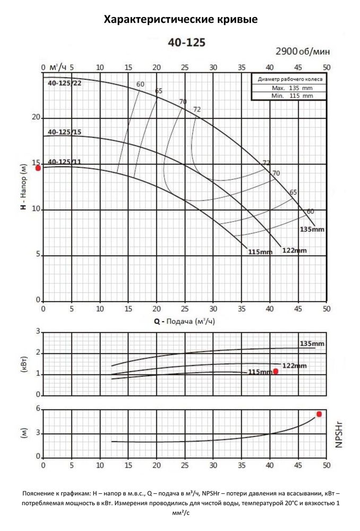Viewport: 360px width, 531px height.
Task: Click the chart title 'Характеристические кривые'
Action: [x=181, y=20]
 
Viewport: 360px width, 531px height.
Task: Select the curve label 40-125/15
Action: [x=65, y=132]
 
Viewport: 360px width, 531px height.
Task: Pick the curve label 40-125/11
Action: [x=65, y=161]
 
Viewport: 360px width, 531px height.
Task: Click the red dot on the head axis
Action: [x=38, y=168]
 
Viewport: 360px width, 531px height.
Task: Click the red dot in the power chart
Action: [x=276, y=371]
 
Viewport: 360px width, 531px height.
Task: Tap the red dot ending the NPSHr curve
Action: [x=319, y=414]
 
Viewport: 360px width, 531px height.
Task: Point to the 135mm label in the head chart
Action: [x=312, y=229]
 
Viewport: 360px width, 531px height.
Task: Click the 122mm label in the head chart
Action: [x=294, y=250]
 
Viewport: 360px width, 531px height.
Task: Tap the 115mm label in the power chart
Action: [x=260, y=372]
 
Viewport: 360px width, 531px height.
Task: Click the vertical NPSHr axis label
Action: [x=339, y=433]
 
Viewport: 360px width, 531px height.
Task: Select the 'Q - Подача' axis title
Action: [x=181, y=322]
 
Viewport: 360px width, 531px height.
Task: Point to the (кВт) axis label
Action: [x=24, y=364]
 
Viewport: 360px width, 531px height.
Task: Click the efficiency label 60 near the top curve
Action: [x=140, y=84]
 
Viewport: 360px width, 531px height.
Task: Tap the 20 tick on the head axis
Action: [x=36, y=117]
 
